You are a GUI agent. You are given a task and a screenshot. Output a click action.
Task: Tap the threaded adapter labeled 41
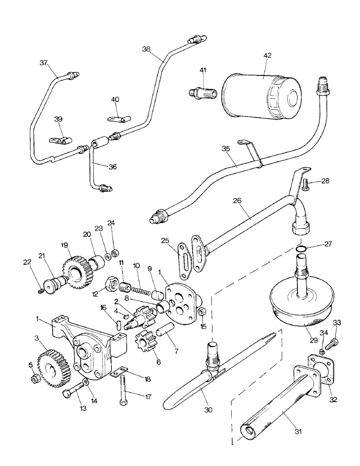(202, 91)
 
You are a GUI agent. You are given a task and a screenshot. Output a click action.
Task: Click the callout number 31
(298, 432)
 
